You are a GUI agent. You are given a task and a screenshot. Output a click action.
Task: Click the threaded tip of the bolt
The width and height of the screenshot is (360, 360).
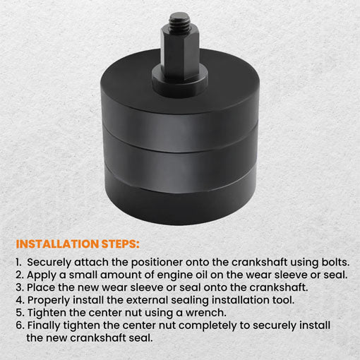(180, 20)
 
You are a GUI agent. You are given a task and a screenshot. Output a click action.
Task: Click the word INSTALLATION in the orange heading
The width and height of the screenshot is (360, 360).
(57, 244)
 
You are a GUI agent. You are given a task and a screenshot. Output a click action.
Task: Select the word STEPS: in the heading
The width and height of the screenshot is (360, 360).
(120, 244)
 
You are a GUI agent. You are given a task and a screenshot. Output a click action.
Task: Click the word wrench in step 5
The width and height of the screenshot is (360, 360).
(206, 313)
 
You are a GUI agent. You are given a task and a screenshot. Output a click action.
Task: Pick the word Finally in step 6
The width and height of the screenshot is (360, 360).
(44, 326)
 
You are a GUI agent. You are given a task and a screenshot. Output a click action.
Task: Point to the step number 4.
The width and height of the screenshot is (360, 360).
(20, 300)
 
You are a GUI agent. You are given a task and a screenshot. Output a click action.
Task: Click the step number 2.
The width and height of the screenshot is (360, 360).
(20, 275)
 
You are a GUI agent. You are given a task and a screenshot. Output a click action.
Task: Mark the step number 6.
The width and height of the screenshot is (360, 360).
(20, 325)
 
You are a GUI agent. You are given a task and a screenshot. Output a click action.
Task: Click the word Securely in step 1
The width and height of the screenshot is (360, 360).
(49, 263)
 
